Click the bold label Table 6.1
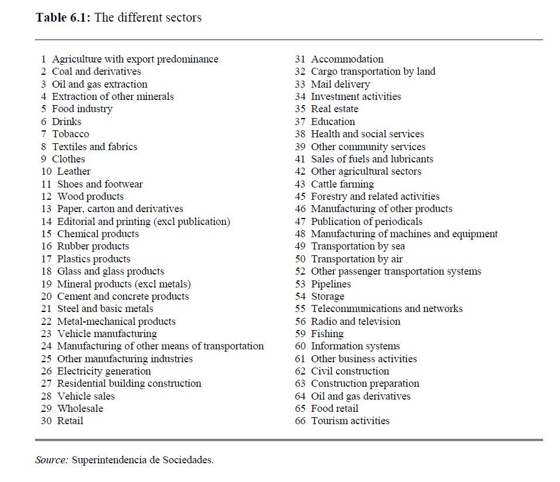[x=62, y=18]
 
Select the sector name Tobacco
[x=70, y=134]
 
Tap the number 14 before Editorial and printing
[x=46, y=221]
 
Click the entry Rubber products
[x=93, y=247]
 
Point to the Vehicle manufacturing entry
[x=107, y=334]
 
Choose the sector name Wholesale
[x=80, y=408]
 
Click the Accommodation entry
[x=347, y=59]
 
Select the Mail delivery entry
[x=340, y=84]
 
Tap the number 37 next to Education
[x=300, y=122]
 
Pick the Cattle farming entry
[x=342, y=184]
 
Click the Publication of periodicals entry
[x=366, y=221]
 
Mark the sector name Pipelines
[x=331, y=284]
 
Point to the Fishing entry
[x=327, y=334]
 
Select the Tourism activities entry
[x=350, y=421]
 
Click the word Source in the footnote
[x=51, y=460]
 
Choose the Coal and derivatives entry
[x=96, y=71]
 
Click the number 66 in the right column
[x=300, y=421]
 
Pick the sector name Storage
[x=327, y=296]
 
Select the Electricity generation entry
[x=103, y=371]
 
